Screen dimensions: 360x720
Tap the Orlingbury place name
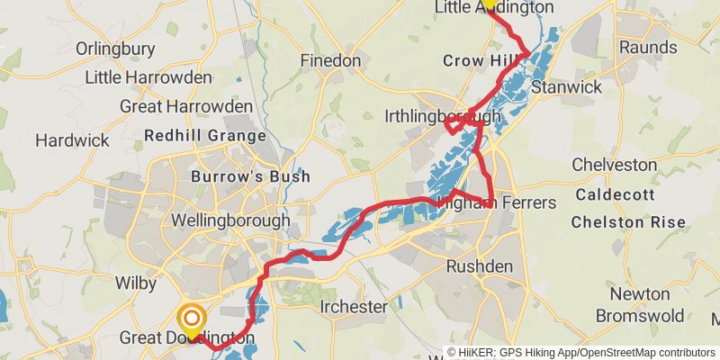[117, 48]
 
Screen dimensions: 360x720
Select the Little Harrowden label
[148, 77]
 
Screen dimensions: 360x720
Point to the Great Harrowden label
[186, 106]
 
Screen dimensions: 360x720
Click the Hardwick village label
[72, 140]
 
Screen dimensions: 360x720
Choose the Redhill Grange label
[205, 137]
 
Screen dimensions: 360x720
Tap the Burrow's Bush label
[251, 176]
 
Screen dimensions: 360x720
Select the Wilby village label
[136, 282]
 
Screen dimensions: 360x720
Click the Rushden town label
[480, 266]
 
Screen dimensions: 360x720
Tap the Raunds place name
[648, 47]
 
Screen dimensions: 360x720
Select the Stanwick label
[565, 87]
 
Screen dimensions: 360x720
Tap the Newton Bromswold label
[640, 305]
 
